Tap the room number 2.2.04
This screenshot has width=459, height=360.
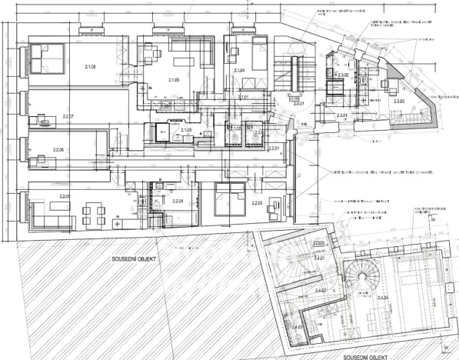[x=178, y=201]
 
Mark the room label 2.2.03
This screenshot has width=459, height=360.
[x=256, y=203]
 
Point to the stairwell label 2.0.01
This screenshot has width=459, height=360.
[x=288, y=103]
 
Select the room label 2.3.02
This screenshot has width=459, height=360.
[x=344, y=75]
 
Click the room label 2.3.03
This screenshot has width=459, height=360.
[x=398, y=102]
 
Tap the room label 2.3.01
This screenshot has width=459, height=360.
[x=341, y=116]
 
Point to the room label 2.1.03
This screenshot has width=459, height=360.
[x=185, y=131]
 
